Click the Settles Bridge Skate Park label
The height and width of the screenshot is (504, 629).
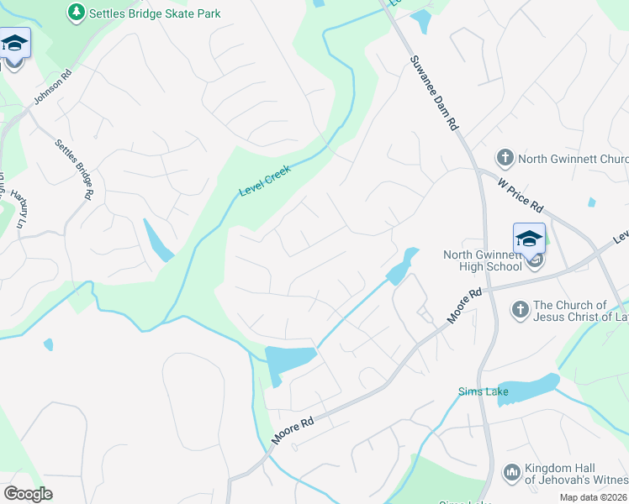[x=156, y=13]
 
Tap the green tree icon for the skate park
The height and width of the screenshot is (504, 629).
[x=77, y=13]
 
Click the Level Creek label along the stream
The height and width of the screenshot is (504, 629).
[x=265, y=181]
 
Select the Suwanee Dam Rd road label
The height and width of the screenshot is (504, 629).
[x=434, y=92]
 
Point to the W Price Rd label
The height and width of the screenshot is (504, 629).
[x=521, y=194]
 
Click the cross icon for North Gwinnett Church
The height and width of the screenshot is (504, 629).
[x=505, y=158]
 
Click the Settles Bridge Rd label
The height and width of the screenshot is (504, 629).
[x=74, y=168]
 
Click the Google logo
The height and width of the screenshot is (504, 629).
[x=28, y=493]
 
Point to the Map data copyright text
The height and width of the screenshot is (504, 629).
[x=593, y=497]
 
